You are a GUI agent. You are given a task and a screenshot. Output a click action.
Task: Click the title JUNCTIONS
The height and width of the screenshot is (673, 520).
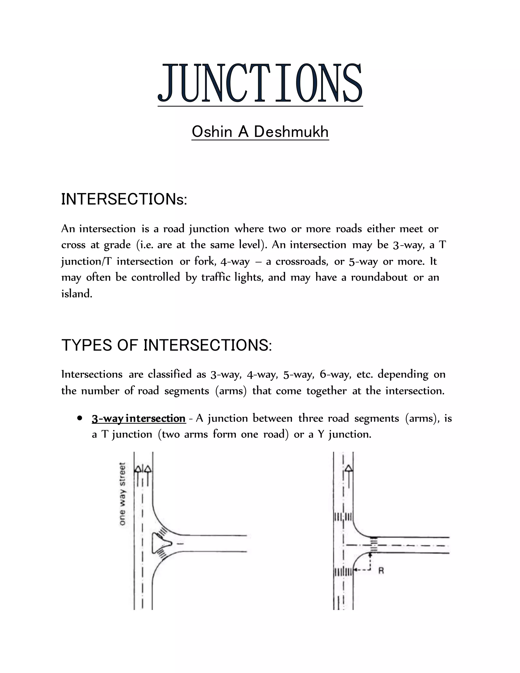(x=260, y=83)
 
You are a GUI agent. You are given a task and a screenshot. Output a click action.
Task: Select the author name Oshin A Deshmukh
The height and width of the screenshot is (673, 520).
(x=260, y=132)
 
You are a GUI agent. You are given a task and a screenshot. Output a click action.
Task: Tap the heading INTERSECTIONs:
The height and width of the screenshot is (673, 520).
(x=124, y=199)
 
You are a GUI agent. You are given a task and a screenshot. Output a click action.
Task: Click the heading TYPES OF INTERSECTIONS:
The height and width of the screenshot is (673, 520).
(x=167, y=345)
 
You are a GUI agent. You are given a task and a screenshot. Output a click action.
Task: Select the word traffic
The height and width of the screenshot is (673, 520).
(x=216, y=277)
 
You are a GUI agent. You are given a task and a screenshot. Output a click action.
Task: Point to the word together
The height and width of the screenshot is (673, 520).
(x=326, y=391)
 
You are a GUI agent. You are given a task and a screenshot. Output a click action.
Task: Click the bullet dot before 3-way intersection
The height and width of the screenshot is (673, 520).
(x=80, y=418)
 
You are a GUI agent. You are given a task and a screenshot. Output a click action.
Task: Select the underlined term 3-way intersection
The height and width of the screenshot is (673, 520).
(x=139, y=419)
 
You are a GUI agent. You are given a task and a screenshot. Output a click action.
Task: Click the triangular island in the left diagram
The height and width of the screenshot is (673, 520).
(x=159, y=543)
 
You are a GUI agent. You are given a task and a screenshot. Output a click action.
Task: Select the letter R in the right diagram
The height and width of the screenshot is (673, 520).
(x=381, y=571)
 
